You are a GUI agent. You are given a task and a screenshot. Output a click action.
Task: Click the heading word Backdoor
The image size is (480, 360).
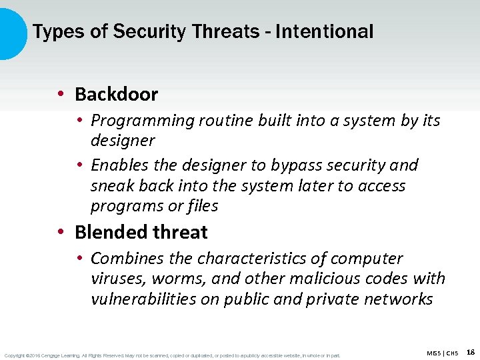116,95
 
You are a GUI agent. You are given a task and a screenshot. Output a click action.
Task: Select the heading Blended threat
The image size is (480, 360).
141,233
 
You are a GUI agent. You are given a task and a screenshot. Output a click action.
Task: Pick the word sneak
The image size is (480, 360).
112,186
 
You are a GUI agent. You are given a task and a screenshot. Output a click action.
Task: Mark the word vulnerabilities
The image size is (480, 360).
143,299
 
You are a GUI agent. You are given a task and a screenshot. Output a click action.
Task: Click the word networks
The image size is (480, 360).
398,299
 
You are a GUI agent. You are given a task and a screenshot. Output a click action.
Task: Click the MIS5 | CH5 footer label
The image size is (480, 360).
442,353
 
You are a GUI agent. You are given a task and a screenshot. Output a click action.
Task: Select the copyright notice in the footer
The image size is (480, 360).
172,355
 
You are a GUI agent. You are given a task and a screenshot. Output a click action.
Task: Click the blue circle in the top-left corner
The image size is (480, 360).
9,32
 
